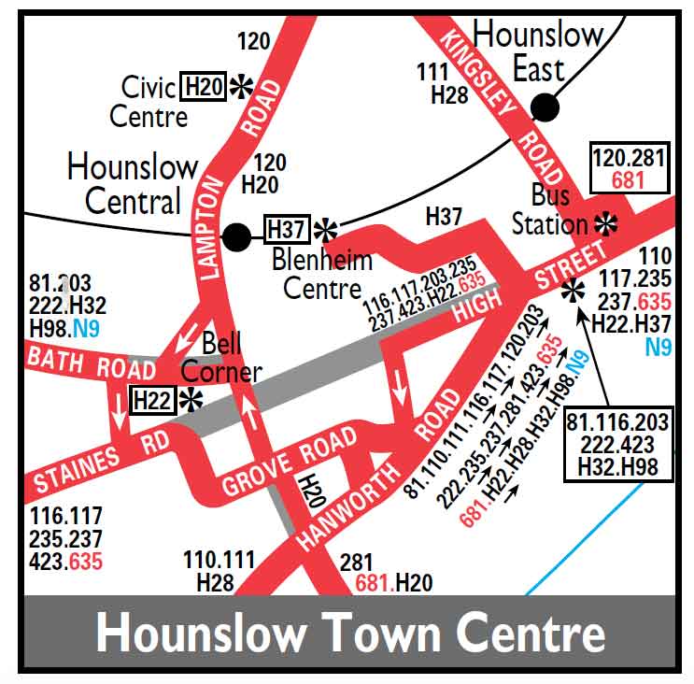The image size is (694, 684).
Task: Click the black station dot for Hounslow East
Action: (545, 107)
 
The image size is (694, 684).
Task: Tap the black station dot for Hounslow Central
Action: (236, 237)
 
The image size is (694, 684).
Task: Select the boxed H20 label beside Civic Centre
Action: (205, 87)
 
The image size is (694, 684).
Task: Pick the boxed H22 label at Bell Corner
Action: (152, 400)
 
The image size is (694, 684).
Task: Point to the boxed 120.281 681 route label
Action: (629, 168)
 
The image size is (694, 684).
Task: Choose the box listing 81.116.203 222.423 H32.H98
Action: (616, 445)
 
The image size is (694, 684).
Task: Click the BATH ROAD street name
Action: (91, 362)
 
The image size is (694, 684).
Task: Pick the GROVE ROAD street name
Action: (289, 461)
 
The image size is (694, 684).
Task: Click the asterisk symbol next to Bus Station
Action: (607, 223)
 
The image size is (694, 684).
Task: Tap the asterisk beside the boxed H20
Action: (242, 87)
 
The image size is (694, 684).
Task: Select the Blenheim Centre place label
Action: (322, 273)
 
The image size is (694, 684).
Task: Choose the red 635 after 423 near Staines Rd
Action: (81, 562)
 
